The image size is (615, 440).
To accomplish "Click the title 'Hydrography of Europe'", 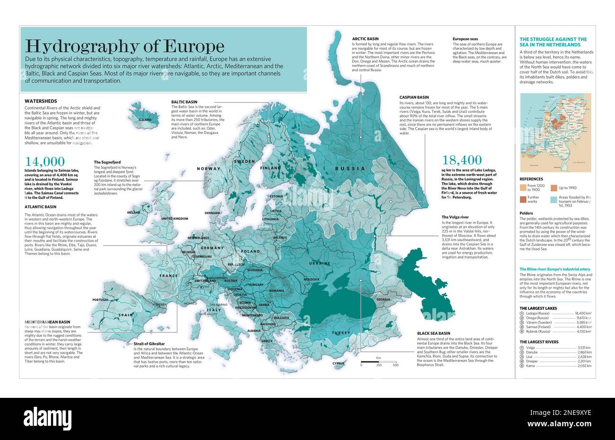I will click(124, 46).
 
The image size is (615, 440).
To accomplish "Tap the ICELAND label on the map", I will click(145, 120).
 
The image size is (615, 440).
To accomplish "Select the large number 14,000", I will click(45, 162).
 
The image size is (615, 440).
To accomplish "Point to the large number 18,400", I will click(462, 160).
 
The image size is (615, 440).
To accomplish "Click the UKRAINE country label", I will click(320, 263).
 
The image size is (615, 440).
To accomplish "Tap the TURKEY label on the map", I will click(341, 333).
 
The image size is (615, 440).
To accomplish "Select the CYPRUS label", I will click(339, 364).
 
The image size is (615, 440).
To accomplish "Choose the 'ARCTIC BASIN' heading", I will click(365, 39).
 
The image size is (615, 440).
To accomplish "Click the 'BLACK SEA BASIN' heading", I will click(434, 333).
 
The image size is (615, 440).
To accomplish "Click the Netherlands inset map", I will click(555, 132).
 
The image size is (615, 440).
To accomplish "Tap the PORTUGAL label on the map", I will click(101, 300).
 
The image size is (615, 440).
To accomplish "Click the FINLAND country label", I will click(271, 168).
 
